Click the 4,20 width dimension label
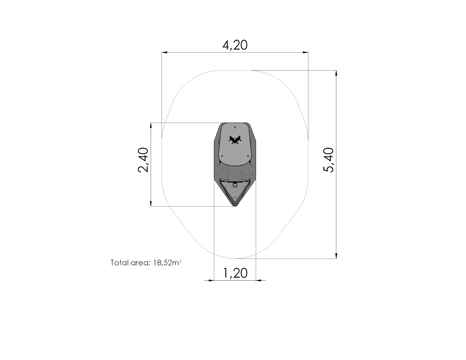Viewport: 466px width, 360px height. point(235,45)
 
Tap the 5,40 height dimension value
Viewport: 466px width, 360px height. point(328,160)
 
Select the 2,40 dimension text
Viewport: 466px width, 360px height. point(143,160)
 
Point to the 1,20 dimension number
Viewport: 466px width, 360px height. point(235,273)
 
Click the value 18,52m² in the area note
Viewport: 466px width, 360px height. point(167,263)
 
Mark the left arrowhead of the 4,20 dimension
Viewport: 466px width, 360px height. point(164,52)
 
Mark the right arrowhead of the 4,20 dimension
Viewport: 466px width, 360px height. point(305,52)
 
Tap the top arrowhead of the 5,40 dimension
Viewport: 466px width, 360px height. point(336,73)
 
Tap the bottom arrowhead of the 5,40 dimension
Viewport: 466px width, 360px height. point(336,256)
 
